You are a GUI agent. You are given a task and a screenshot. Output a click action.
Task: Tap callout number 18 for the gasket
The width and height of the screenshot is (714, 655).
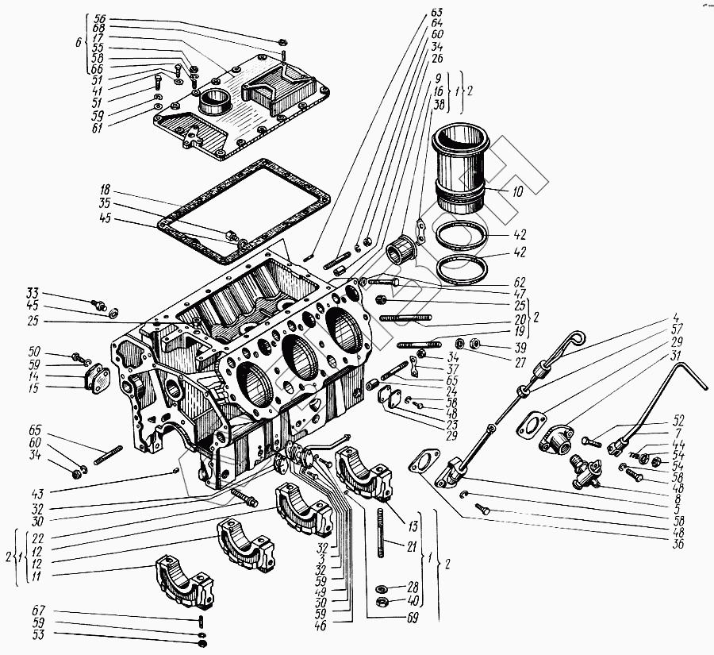tap(105, 191)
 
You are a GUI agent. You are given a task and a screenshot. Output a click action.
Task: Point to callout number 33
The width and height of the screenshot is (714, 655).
tap(32, 292)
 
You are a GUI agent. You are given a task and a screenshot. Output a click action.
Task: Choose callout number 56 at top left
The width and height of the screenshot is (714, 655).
tap(99, 17)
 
